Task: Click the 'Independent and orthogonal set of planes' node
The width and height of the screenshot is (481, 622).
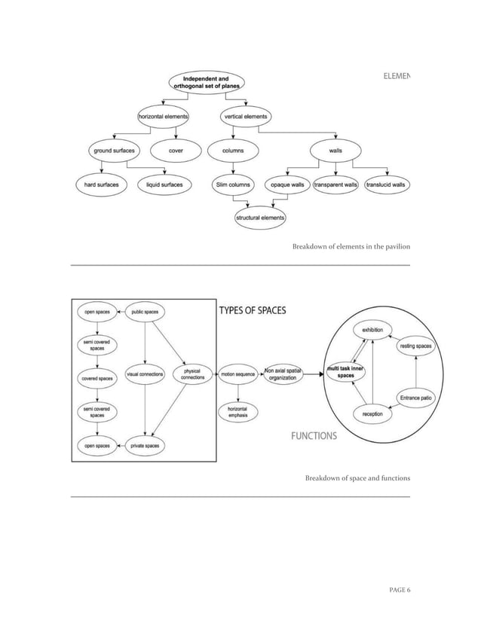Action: coord(201,82)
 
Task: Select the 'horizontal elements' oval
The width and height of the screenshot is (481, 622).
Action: coord(162,117)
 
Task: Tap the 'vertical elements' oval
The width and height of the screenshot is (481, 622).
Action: coord(246,117)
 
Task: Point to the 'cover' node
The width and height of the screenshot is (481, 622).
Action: coord(176,151)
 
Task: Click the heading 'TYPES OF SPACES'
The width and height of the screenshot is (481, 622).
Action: coord(253,311)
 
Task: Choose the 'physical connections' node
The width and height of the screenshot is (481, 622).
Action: coord(192,374)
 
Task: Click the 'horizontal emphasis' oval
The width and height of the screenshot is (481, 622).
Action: coord(238,412)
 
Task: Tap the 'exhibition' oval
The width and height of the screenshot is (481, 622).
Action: coord(372,330)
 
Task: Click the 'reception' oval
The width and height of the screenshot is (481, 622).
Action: coord(372,414)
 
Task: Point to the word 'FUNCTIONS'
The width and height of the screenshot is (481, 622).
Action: coord(314,436)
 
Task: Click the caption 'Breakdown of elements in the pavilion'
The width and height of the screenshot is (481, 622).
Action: coord(351,247)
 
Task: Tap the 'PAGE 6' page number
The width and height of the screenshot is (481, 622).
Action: coord(394,589)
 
